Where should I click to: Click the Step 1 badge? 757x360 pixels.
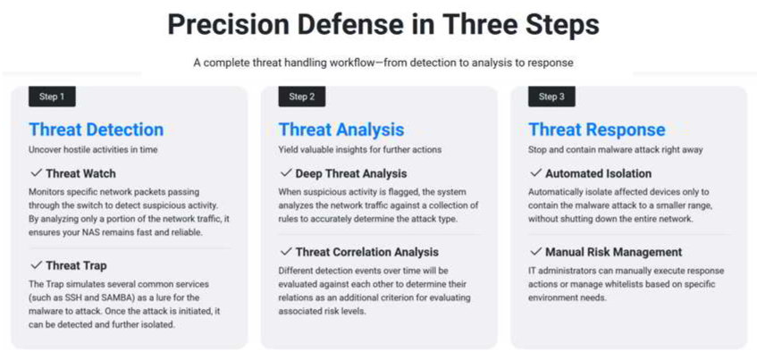[x=52, y=96]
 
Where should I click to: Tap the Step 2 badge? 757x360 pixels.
[x=302, y=96]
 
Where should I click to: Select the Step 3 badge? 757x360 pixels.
[x=551, y=96]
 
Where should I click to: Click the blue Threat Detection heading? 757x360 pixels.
[x=96, y=130]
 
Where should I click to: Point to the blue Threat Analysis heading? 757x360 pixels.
[x=341, y=130]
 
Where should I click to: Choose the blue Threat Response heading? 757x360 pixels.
[x=597, y=130]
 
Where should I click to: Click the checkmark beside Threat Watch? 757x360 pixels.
[x=36, y=172]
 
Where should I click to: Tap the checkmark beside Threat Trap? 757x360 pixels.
[x=36, y=265]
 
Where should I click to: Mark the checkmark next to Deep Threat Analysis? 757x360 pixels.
[x=286, y=172]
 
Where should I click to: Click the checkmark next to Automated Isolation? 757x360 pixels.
[x=535, y=172]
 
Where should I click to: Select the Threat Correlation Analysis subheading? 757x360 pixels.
[x=367, y=252]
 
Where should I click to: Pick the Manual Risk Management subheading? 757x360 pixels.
[x=614, y=252]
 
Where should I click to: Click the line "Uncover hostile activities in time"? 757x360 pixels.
[x=93, y=150]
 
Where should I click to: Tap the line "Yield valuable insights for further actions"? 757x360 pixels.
[x=359, y=150]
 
